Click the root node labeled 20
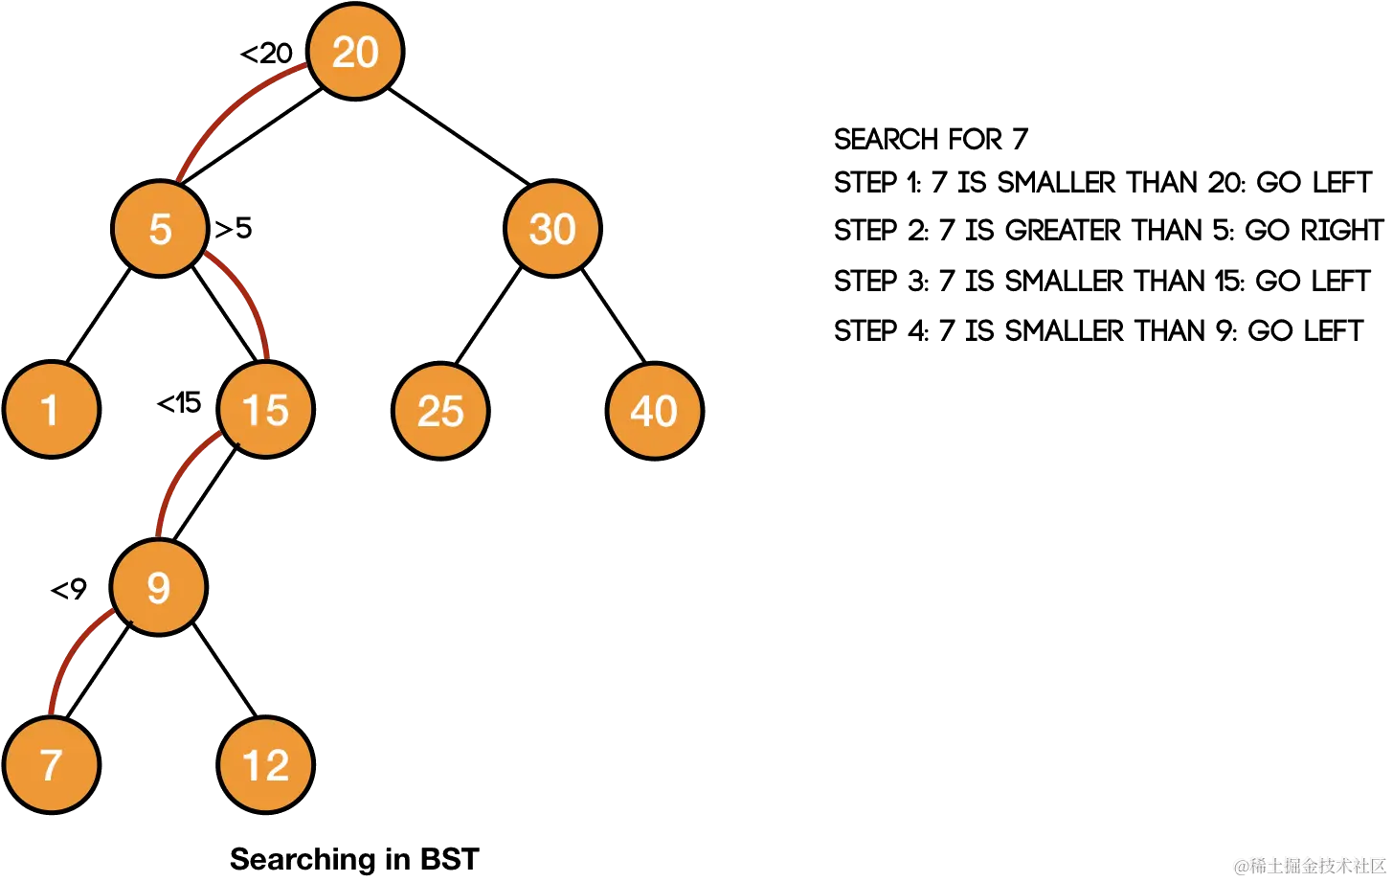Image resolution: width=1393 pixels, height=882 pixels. [355, 52]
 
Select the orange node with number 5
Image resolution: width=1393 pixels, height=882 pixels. [160, 229]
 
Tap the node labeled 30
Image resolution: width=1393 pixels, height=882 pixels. [552, 229]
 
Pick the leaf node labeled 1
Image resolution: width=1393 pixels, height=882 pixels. [51, 410]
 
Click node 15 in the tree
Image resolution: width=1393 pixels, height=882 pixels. [265, 410]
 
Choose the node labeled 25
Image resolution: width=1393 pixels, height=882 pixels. [440, 411]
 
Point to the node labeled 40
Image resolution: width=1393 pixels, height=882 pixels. [655, 411]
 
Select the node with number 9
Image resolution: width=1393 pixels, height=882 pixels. [159, 587]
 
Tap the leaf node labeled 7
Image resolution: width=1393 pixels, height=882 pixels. [51, 764]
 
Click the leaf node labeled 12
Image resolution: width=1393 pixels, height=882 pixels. [265, 764]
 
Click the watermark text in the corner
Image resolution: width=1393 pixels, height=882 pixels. [1308, 865]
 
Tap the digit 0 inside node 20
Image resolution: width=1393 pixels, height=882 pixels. [367, 52]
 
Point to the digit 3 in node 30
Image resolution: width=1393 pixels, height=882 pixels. [541, 229]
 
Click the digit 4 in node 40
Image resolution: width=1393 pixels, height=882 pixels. [642, 411]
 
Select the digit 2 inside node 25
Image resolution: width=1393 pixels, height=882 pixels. [429, 411]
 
